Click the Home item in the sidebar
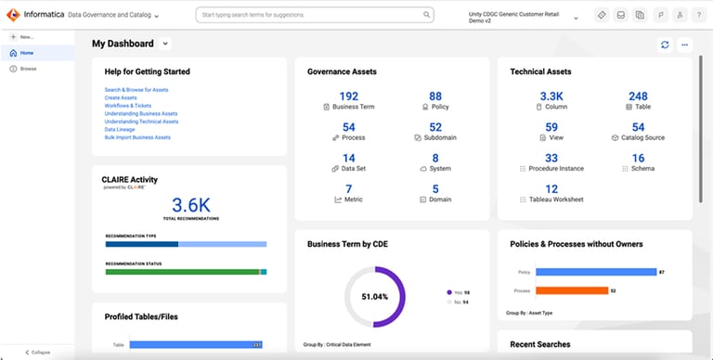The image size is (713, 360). coord(26,53)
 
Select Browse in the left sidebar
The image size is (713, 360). coord(28,69)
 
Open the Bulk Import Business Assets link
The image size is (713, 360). coord(137,137)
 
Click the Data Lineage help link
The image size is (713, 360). coord(120,130)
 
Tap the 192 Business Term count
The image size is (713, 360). coord(348,96)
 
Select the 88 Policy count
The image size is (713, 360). coord(435,96)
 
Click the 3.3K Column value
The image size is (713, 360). coord(551,96)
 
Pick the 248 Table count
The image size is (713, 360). coord(638,96)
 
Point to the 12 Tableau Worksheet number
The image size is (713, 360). coord(551,189)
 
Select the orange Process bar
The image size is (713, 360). coord(572,290)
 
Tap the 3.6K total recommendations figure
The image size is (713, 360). coord(190,205)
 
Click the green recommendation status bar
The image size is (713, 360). coord(182,272)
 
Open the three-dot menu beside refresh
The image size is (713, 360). coord(684,45)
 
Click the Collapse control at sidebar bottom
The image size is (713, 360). coord(37,353)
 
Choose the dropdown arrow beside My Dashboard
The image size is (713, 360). coord(165,44)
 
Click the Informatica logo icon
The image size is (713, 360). coord(14,16)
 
